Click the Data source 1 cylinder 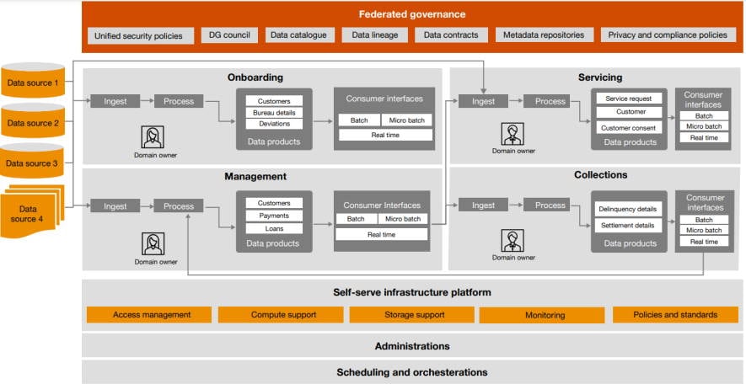pos(33,83)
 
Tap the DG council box pos(228,35)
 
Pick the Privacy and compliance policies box pos(666,35)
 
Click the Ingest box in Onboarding pos(115,101)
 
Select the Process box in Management pos(179,206)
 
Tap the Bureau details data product pos(274,113)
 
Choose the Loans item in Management pos(274,228)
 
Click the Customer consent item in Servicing pos(628,128)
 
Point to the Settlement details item pos(628,226)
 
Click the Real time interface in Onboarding pos(385,135)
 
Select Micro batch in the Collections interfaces pos(704,230)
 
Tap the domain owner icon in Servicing pos(512,135)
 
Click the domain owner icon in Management pos(153,244)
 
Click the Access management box pos(151,315)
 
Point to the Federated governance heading pos(411,14)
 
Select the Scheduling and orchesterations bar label pos(411,372)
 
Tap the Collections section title pos(599,175)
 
